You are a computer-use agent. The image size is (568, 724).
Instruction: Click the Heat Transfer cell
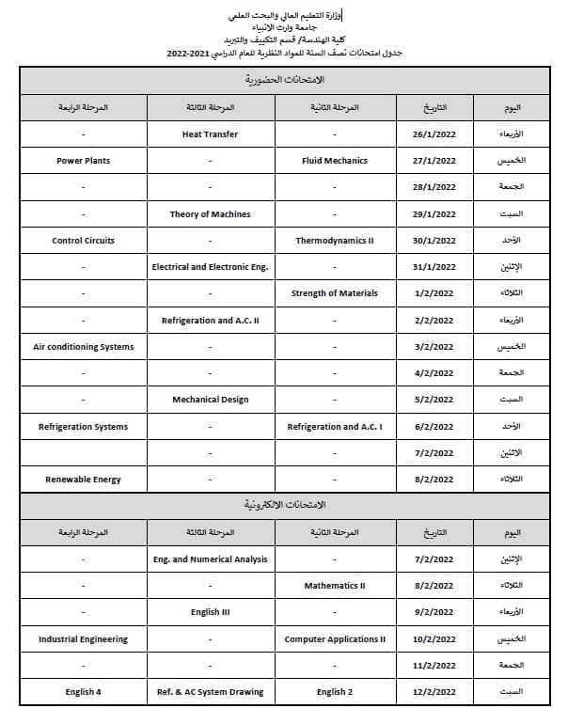tap(210, 134)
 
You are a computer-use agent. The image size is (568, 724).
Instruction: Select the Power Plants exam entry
tap(83, 161)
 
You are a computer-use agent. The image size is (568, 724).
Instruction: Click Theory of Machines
tap(210, 214)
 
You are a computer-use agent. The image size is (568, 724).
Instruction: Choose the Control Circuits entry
tap(83, 241)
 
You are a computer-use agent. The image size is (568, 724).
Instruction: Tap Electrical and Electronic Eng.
tap(210, 267)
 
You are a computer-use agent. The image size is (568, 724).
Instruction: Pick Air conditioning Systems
tap(83, 347)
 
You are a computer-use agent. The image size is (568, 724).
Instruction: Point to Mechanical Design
tap(210, 400)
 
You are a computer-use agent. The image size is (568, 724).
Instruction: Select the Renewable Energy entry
tap(83, 480)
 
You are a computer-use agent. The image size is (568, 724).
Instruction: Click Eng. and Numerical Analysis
tap(210, 559)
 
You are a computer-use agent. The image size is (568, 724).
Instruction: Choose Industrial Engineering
tap(83, 639)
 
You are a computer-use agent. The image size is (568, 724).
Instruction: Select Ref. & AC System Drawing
tap(210, 692)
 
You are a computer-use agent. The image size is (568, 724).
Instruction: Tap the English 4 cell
tap(83, 692)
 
